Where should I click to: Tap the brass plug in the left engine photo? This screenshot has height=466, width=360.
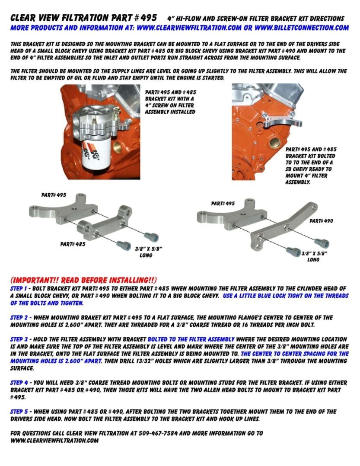click(118, 149)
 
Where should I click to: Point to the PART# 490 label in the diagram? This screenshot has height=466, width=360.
click(321, 220)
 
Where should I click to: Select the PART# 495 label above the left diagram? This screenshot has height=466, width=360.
click(54, 195)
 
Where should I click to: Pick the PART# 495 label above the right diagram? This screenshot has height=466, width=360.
click(223, 203)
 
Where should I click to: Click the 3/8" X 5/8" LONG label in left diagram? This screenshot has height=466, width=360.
click(146, 252)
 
